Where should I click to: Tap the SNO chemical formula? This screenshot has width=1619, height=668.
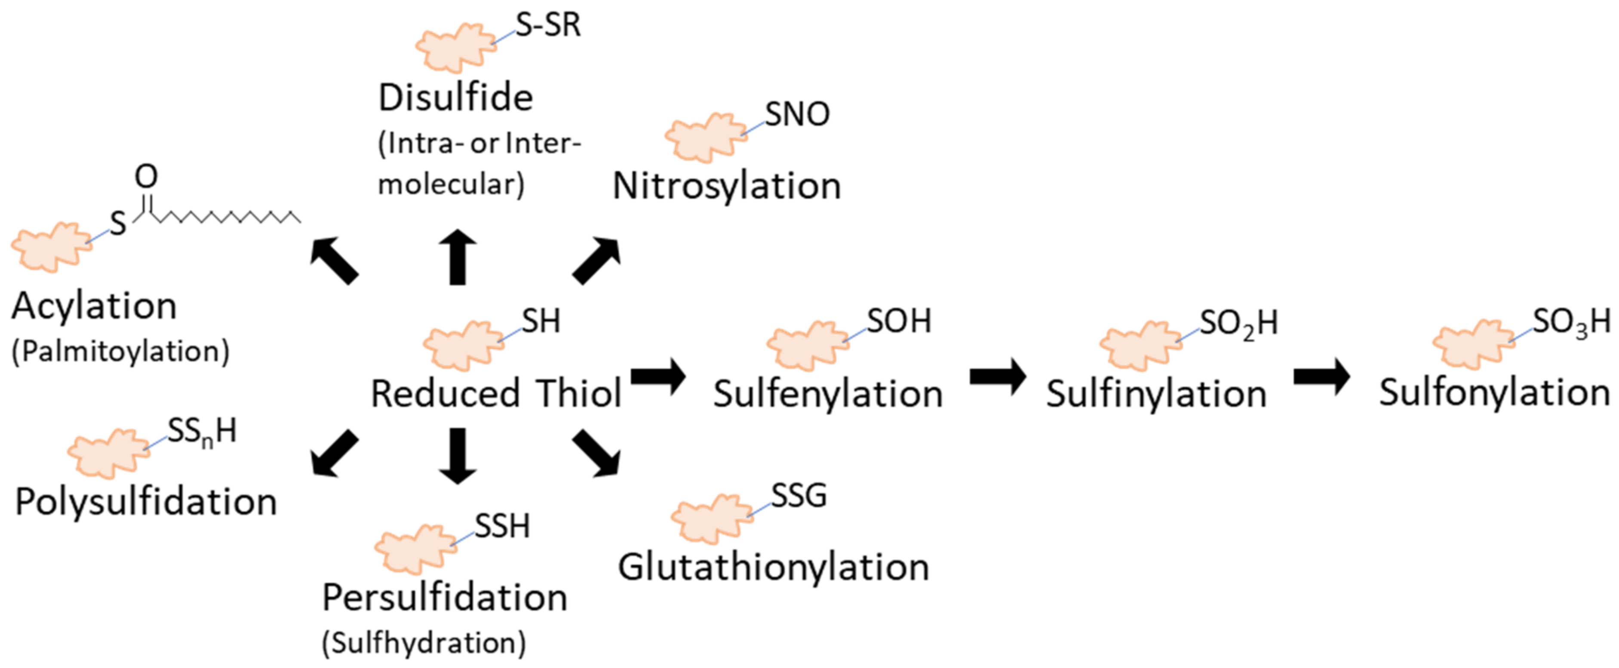[797, 114]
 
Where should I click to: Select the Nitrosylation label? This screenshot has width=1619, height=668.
[727, 186]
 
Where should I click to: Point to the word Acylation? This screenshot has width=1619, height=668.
[94, 306]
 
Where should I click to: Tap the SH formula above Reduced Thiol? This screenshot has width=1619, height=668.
[541, 322]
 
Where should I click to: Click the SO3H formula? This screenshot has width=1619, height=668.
[1570, 323]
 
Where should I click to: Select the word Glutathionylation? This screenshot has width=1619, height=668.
[773, 567]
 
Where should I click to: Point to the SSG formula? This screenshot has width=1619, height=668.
[798, 496]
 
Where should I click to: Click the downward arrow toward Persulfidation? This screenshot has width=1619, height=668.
[458, 456]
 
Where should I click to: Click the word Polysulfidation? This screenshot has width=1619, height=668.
[146, 502]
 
